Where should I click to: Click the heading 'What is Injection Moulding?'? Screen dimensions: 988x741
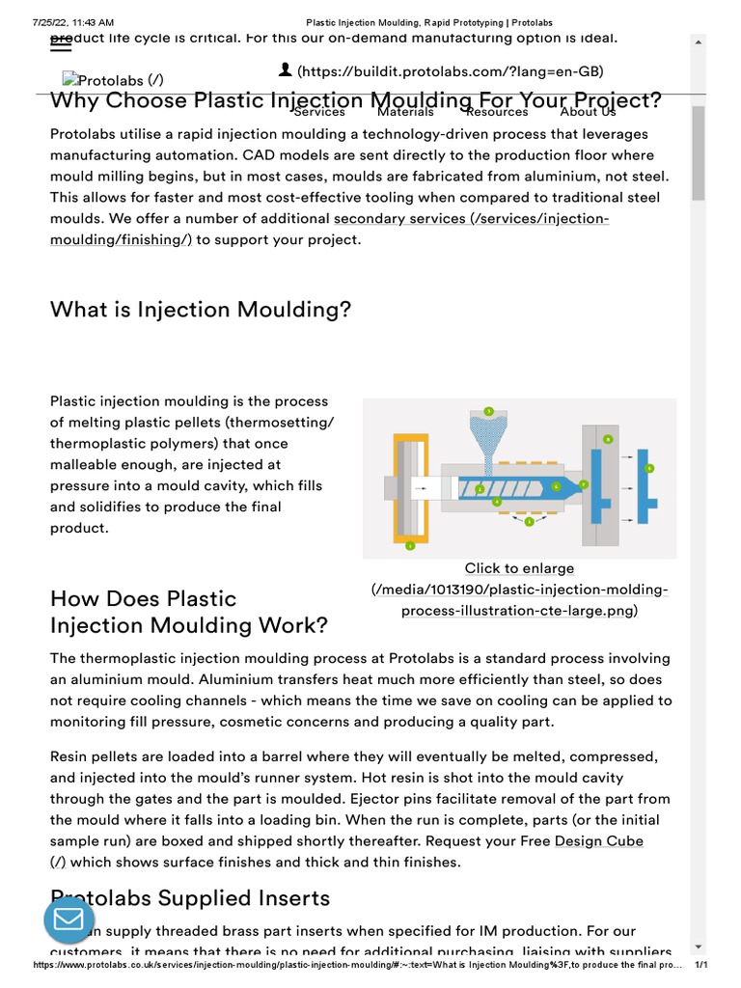(x=201, y=310)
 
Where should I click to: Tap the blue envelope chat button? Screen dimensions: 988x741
(x=69, y=919)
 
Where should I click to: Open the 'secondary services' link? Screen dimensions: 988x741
(x=399, y=219)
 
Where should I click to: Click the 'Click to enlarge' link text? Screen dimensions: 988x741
(x=519, y=568)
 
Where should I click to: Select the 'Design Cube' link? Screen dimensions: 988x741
(x=598, y=841)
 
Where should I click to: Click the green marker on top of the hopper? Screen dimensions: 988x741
(x=489, y=411)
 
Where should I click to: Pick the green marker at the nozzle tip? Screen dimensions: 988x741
(x=584, y=484)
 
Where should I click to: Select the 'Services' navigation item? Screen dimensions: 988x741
(x=319, y=112)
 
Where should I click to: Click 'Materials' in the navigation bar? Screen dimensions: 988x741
(x=405, y=112)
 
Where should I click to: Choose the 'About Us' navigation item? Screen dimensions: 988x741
(x=588, y=112)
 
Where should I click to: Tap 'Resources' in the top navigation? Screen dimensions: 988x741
(x=497, y=112)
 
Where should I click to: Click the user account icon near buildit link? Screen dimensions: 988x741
(x=285, y=69)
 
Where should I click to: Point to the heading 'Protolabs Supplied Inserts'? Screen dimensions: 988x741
(x=190, y=898)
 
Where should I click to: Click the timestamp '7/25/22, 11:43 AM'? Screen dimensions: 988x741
(x=73, y=21)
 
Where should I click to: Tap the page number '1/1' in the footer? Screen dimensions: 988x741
(x=701, y=965)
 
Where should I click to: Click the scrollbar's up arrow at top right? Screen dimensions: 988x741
(x=699, y=42)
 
